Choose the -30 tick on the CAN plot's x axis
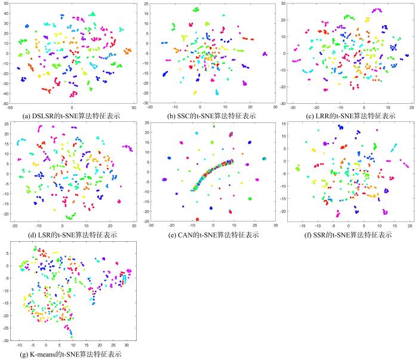pos(151,226)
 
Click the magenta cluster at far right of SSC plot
pos(265,54)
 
